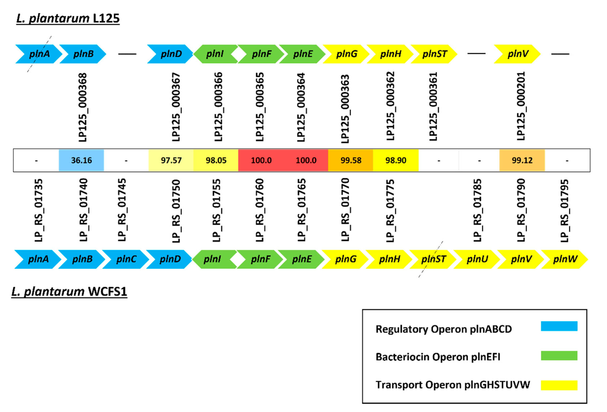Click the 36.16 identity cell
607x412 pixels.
pyautogui.click(x=81, y=160)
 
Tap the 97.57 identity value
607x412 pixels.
pyautogui.click(x=171, y=160)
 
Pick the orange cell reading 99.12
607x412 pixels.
pyautogui.click(x=522, y=160)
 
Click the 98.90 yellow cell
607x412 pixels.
pyautogui.click(x=395, y=160)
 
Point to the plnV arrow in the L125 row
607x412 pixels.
pyautogui.click(x=517, y=54)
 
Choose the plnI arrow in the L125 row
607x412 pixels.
pyautogui.click(x=215, y=54)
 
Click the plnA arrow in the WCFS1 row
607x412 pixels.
pyautogui.click(x=38, y=259)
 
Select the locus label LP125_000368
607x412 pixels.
pyautogui.click(x=83, y=107)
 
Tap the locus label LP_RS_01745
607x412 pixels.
pyautogui.click(x=122, y=210)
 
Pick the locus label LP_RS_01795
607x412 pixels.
pyautogui.click(x=564, y=211)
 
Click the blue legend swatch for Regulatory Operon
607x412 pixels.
pyautogui.click(x=559, y=326)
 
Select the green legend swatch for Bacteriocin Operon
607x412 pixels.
pyautogui.click(x=559, y=356)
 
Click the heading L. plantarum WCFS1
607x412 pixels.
pyautogui.click(x=69, y=292)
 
